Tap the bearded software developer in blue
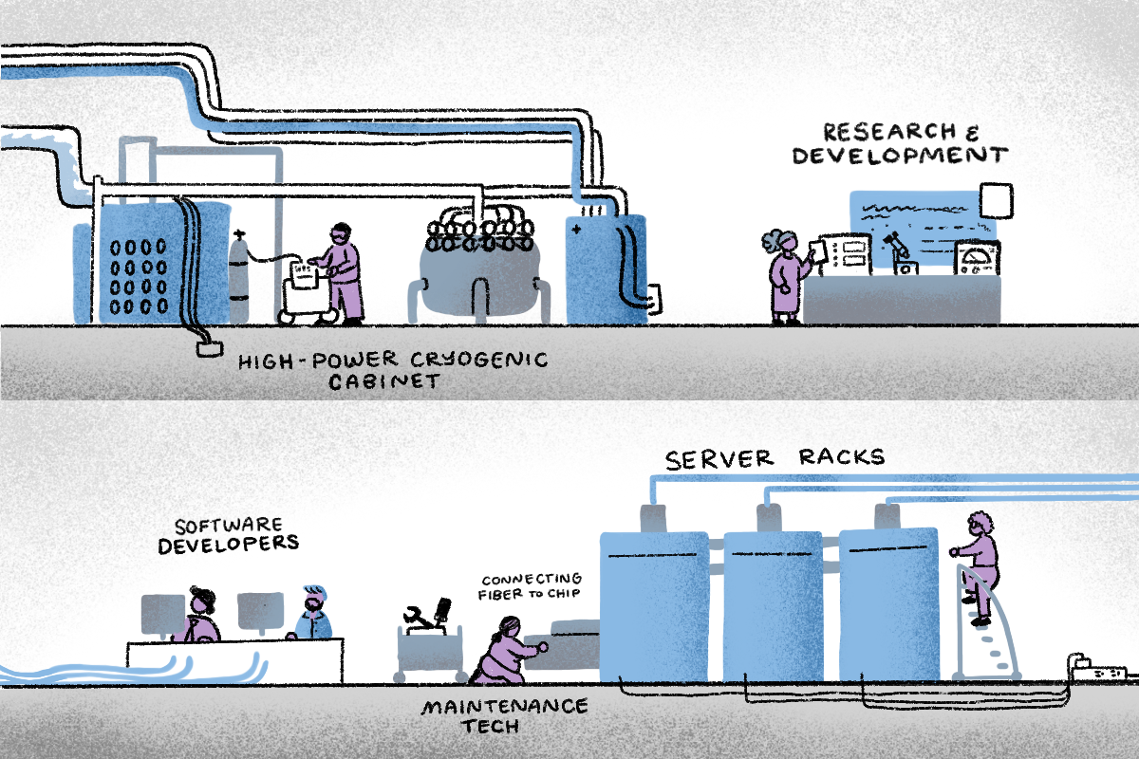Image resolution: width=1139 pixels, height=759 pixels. point(313,615)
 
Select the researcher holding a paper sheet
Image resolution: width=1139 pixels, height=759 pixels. point(785,275)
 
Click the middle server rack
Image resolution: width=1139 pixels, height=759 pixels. point(773,607)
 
